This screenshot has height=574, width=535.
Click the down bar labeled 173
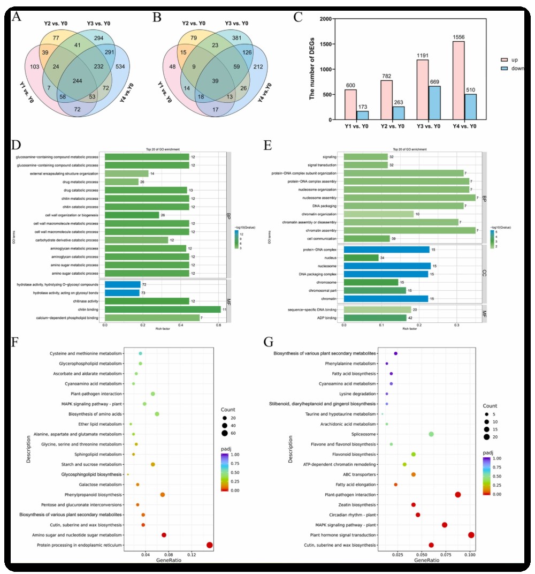tap(362, 115)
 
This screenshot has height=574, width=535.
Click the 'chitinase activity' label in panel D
tap(83, 301)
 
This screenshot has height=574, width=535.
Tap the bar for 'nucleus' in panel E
tap(361, 258)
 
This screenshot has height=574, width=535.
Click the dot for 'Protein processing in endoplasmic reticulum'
tap(209, 545)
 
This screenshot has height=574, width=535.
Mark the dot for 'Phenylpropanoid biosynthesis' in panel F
tap(162, 495)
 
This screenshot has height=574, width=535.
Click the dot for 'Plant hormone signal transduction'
tap(471, 535)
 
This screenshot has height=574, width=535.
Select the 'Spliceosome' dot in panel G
tap(431, 434)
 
